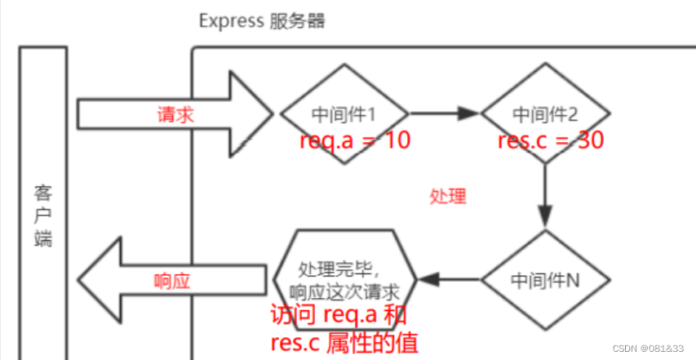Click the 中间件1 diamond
coord(344,114)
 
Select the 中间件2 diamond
coord(545,114)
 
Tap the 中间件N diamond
coord(545,279)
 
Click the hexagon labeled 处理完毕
coord(346,279)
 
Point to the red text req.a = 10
coord(354,140)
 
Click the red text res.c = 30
coord(551,140)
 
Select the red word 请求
coord(175,115)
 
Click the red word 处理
coord(447,196)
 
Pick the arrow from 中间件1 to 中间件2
coord(445,114)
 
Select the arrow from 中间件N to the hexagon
coord(449,280)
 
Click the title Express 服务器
coord(262,20)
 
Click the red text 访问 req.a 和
coord(338,315)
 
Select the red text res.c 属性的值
coord(344,341)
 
